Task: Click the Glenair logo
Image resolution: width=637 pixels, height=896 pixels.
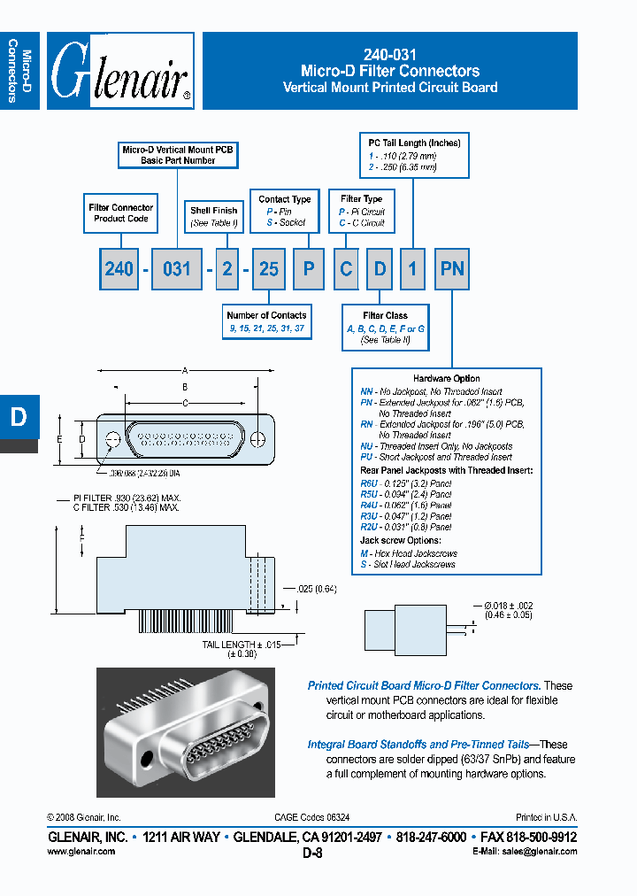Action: point(120,72)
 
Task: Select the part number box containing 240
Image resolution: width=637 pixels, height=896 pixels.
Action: point(119,268)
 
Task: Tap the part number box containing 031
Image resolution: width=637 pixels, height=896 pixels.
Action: point(177,268)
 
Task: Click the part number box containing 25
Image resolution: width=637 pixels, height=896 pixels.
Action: point(268,268)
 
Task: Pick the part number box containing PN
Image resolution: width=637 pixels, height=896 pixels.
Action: point(452,268)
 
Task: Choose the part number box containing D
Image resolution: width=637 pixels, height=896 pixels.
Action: point(380,268)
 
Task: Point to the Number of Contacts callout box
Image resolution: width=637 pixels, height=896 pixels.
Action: point(266,321)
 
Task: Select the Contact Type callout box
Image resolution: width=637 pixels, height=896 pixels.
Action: point(285,211)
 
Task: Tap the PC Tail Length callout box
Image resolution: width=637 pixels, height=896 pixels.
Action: point(414,154)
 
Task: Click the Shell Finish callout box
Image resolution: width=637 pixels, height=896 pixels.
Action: point(214,217)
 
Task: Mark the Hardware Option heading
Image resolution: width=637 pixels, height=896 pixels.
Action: point(446,378)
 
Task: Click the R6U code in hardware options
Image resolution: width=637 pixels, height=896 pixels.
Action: point(369,483)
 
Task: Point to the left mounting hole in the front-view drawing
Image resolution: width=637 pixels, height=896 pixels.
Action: point(112,440)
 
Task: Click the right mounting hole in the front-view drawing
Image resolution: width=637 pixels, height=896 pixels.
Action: point(257,440)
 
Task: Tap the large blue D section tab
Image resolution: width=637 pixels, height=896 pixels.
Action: point(19,418)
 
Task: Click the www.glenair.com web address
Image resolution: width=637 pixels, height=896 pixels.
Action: point(81,851)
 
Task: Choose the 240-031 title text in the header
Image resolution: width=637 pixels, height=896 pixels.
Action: point(390,54)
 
